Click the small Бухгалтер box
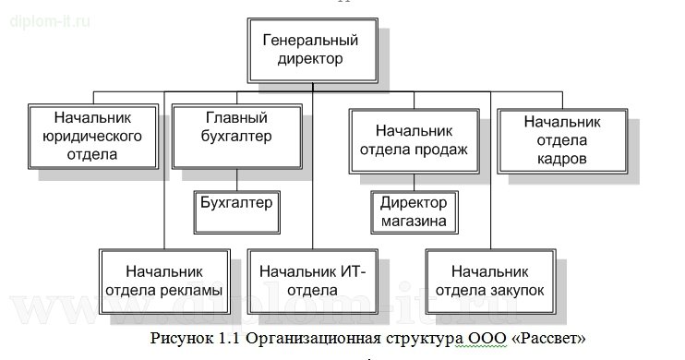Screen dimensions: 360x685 click(236, 200)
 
